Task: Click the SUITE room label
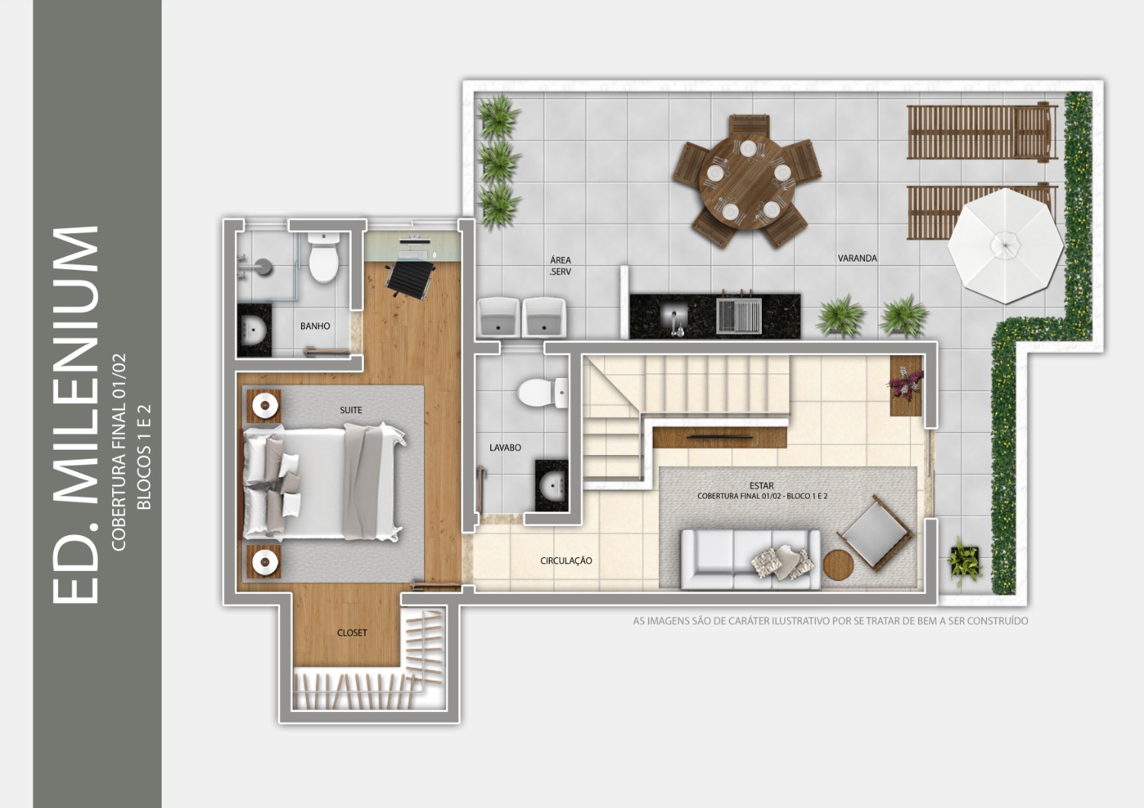(351, 410)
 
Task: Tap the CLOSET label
(352, 633)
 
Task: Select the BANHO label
(315, 326)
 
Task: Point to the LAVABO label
(505, 447)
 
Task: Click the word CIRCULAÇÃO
(566, 560)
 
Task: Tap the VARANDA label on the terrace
(857, 258)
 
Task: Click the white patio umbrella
(1006, 245)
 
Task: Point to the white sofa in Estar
(750, 560)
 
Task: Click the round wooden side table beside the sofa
(838, 565)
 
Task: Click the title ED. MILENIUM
(75, 415)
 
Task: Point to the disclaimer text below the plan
(831, 621)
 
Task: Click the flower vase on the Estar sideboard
(906, 383)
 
